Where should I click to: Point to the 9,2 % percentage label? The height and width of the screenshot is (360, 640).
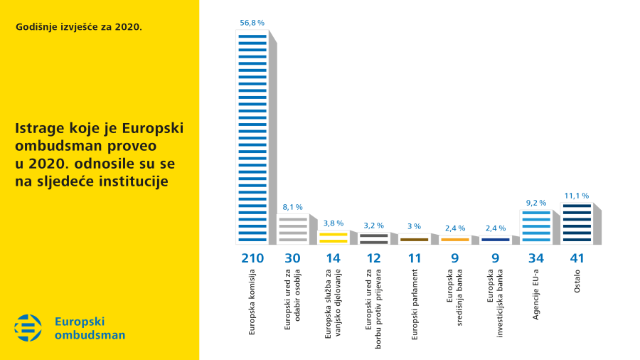coord(535,203)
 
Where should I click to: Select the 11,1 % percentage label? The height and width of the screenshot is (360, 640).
coord(576,195)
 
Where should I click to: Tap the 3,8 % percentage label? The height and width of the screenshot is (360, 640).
coord(333,223)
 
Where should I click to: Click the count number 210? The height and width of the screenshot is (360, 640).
coord(252,258)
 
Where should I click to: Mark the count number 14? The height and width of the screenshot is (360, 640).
coord(333,258)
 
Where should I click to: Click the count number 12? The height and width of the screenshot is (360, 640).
coord(373,258)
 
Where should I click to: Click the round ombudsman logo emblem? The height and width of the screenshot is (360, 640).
coord(28,327)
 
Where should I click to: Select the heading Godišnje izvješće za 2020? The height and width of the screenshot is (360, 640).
coord(78,28)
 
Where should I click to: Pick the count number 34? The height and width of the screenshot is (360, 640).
coord(535,258)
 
